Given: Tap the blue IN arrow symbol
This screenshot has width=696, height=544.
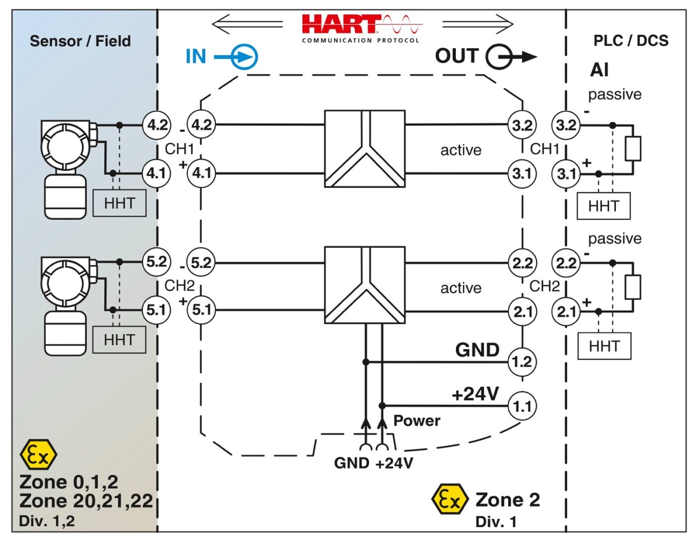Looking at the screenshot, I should click(x=242, y=57).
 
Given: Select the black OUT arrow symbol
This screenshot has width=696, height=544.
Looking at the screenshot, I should click(x=509, y=57).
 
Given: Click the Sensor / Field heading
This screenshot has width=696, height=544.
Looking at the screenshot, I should click(x=81, y=41).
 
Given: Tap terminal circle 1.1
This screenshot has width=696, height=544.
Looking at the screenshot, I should click(x=523, y=404).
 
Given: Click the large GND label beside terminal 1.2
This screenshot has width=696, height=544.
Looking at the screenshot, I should click(x=477, y=350).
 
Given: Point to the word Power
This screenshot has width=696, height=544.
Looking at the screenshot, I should click(x=417, y=420).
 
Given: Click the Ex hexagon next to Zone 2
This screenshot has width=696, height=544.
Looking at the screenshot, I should click(x=450, y=501).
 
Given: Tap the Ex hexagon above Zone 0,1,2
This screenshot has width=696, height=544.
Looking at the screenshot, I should click(x=38, y=455).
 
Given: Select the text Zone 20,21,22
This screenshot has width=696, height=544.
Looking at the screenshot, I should click(x=86, y=501).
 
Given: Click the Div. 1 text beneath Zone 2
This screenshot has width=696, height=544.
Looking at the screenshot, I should click(x=496, y=521).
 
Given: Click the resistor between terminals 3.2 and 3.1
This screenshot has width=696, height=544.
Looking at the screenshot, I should click(x=633, y=148).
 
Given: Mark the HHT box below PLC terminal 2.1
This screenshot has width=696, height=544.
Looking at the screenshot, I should click(x=604, y=346).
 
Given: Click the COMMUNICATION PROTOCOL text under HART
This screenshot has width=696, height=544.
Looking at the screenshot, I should click(x=360, y=41).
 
